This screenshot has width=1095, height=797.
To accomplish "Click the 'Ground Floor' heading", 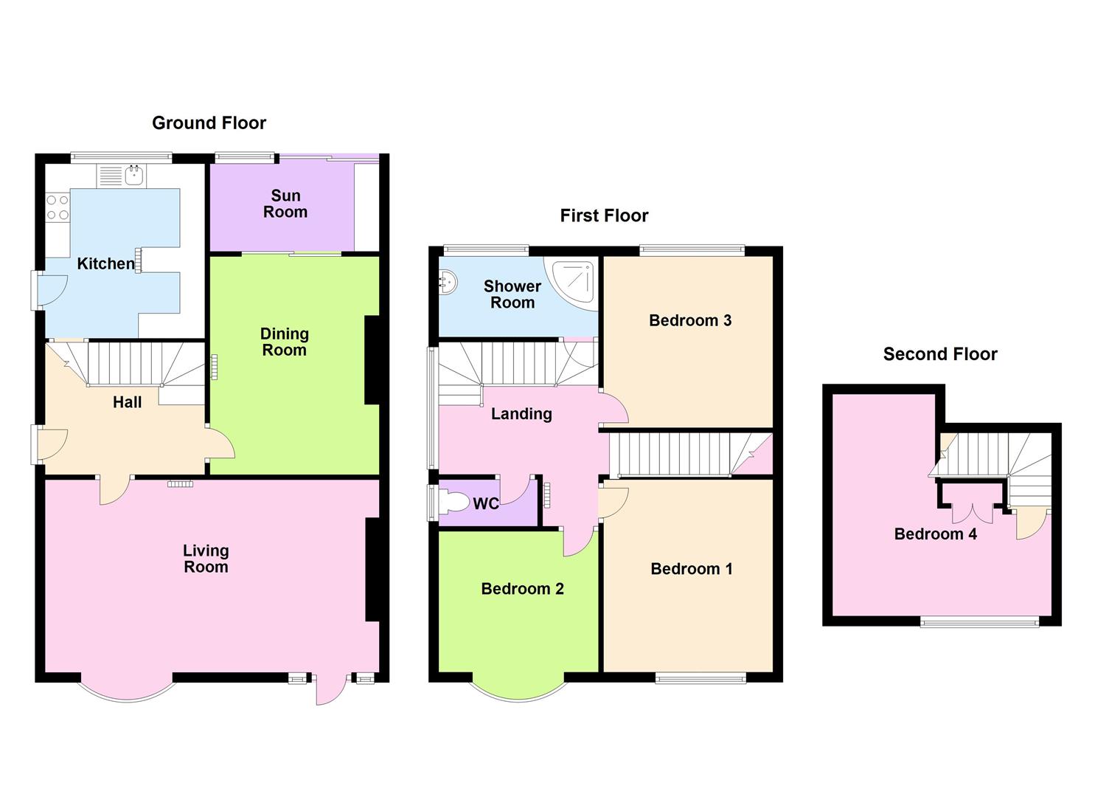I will tap(209, 123).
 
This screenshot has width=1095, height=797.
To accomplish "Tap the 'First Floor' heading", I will tap(604, 215).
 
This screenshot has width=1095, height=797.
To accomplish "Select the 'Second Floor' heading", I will tap(940, 354).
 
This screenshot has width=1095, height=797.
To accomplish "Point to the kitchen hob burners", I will tap(58, 207).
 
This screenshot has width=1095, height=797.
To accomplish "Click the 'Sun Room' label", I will tap(285, 204).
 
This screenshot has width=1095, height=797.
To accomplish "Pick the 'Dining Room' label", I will tap(284, 342).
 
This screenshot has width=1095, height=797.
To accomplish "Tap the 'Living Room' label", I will tap(206, 559).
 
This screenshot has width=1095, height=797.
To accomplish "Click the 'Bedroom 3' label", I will tap(690, 320).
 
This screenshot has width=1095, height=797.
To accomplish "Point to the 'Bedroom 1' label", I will tap(692, 569).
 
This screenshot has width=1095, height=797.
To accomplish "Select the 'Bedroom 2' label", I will tap(522, 589).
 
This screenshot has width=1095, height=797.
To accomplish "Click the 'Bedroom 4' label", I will tap(935, 534).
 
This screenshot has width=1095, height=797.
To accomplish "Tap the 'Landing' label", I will tap(521, 414).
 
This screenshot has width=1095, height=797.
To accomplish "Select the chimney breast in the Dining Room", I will tap(372, 360).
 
